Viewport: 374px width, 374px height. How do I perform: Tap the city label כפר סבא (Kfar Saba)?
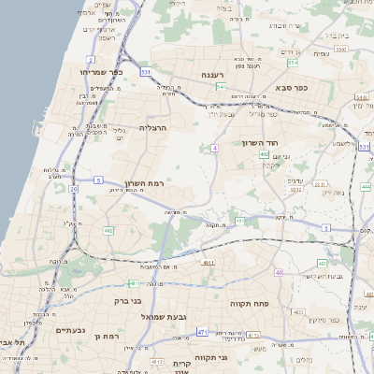[292, 87]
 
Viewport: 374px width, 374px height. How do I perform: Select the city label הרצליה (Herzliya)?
[152, 126]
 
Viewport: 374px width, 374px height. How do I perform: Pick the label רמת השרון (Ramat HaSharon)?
[143, 184]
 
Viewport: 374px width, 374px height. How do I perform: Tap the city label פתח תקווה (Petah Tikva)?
[249, 304]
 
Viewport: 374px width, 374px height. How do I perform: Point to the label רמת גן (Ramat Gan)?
[109, 335]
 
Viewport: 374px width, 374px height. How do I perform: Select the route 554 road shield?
[292, 64]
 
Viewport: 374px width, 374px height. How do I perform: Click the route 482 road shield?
[109, 229]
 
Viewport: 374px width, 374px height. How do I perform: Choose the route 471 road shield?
[202, 332]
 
